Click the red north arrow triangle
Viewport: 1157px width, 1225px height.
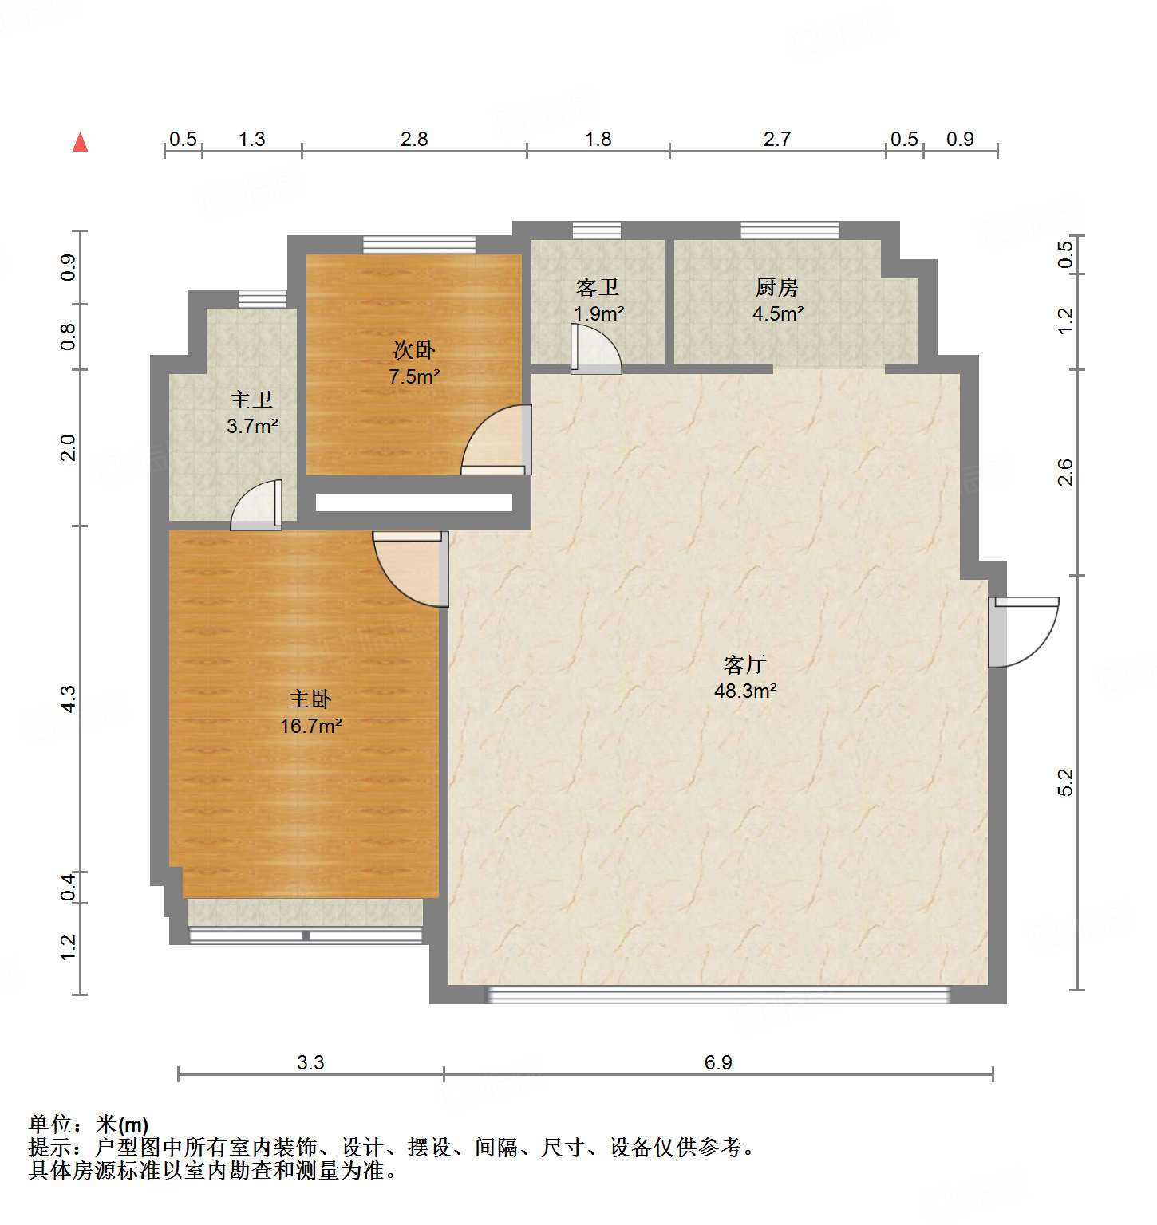[x=80, y=142]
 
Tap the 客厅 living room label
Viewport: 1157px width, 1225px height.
[x=745, y=664]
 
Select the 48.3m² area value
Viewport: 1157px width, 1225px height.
[x=745, y=691]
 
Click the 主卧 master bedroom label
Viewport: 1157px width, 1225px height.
[x=310, y=699]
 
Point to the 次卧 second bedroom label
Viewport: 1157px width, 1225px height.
[x=414, y=350]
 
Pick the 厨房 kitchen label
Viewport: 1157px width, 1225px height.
[x=777, y=287]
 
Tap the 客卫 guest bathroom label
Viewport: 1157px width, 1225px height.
[x=598, y=287]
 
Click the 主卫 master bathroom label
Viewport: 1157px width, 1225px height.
[x=252, y=400]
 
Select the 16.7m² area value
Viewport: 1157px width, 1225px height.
[x=310, y=726]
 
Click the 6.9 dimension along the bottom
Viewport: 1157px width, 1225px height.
[x=718, y=1062]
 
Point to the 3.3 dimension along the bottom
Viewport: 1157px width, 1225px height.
[x=310, y=1062]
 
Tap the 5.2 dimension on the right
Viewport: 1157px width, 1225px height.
[x=1066, y=782]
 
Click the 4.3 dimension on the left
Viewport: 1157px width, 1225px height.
[x=69, y=699]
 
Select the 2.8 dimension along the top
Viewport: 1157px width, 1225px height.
[x=414, y=140]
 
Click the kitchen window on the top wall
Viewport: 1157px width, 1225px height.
[x=789, y=230]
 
